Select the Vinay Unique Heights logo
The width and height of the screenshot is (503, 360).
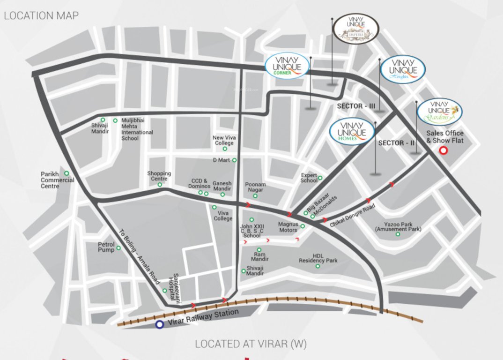403,70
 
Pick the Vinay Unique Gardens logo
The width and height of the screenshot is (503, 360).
440,111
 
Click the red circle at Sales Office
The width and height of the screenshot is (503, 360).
443,150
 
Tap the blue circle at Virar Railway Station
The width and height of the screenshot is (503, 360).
160,324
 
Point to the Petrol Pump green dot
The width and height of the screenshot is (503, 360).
118,248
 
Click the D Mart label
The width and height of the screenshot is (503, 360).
221,160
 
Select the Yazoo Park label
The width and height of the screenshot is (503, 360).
398,227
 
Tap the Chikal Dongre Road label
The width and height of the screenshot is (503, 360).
353,216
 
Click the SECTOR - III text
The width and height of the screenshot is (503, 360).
356,106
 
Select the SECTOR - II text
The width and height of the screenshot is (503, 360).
396,142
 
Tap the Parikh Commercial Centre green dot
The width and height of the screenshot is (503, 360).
67,173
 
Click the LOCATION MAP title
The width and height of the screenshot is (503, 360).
41,15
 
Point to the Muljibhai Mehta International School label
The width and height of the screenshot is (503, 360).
137,129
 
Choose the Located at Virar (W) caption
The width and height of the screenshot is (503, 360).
251,344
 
